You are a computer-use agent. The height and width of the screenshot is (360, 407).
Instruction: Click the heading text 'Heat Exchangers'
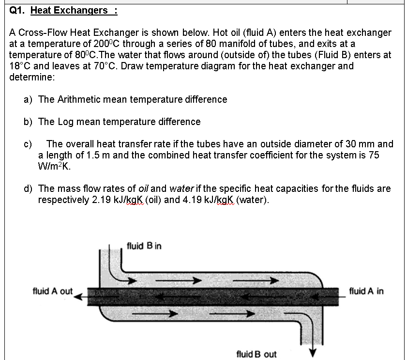coord(69,10)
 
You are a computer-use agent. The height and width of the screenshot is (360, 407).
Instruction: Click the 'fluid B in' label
coord(144,246)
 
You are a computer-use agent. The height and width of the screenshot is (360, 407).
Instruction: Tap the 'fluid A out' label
coord(52,291)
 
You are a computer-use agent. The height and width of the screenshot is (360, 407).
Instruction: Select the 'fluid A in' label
coord(366,291)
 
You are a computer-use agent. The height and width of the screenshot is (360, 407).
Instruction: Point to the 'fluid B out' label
coord(256,354)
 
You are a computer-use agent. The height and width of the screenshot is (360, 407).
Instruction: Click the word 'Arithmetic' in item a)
coord(79,99)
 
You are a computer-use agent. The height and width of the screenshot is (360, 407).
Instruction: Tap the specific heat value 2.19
coord(102,200)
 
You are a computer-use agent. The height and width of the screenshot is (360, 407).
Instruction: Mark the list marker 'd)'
coord(29,188)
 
